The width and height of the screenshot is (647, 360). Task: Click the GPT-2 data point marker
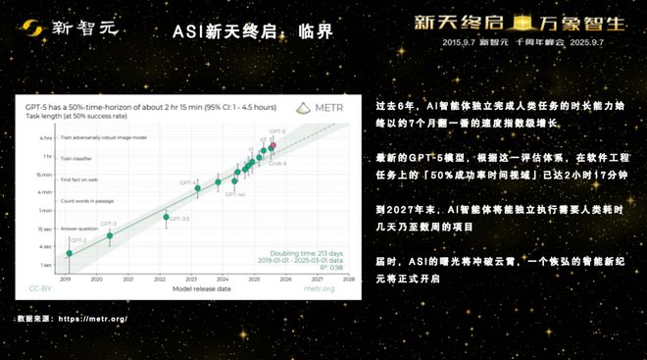tap(69, 253)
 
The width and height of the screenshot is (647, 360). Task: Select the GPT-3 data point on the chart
tap(110, 235)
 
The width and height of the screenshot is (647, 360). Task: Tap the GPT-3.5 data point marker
tap(167, 217)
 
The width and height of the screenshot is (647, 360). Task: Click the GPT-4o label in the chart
tap(234, 194)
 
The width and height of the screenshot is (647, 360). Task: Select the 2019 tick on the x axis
tap(67, 280)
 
